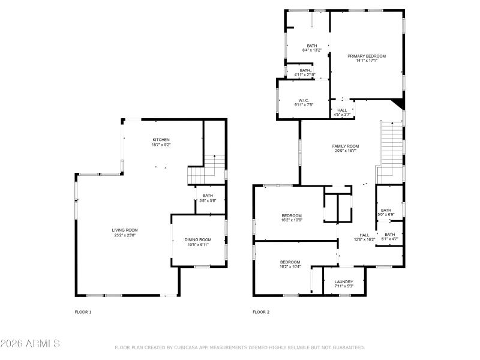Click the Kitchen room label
coord(160,140)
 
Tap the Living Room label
coord(125,230)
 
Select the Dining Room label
coord(197,239)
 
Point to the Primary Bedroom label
coord(367,56)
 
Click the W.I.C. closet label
coord(303,100)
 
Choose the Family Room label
coord(346,146)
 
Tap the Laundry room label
coord(344,281)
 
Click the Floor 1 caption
coord(83,312)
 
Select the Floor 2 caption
coord(261,312)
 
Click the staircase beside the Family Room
coord(390,150)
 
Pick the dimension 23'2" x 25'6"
coord(125,235)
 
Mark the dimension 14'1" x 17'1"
coord(367,61)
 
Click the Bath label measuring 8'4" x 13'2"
coord(312,46)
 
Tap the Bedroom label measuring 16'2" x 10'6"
coord(292,215)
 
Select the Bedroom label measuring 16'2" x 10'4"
coord(290,262)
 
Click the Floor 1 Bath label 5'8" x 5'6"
coord(208,195)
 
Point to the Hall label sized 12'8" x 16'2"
coord(364,235)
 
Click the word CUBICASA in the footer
coord(186,347)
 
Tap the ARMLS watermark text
coord(30,344)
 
